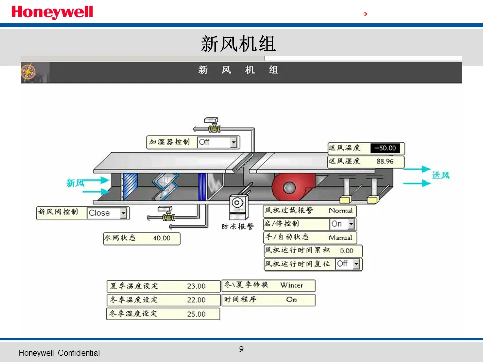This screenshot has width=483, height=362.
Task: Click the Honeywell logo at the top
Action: click(52, 12)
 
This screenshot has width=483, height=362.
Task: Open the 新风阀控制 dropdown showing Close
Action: click(107, 213)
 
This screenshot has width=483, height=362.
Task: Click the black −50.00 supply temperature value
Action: click(385, 148)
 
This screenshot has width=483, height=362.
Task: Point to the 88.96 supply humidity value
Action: click(385, 161)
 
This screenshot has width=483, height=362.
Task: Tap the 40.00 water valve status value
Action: click(162, 238)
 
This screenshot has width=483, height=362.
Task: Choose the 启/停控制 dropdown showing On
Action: click(342, 224)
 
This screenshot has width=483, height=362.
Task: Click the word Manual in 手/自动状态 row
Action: click(340, 237)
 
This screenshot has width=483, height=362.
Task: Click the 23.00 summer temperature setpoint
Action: click(196, 286)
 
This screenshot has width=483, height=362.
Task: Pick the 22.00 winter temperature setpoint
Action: click(196, 300)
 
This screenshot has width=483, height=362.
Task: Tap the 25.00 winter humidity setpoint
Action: click(196, 314)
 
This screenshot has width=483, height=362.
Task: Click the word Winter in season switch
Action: click(292, 285)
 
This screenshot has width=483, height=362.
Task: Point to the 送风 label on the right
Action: click(441, 175)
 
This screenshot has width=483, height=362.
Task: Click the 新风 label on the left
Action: click(75, 183)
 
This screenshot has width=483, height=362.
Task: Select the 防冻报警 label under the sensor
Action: click(237, 227)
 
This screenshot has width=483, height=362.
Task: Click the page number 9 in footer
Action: click(242, 349)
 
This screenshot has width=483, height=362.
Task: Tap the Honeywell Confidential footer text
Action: click(59, 353)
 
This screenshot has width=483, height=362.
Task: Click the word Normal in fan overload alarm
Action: click(341, 211)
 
